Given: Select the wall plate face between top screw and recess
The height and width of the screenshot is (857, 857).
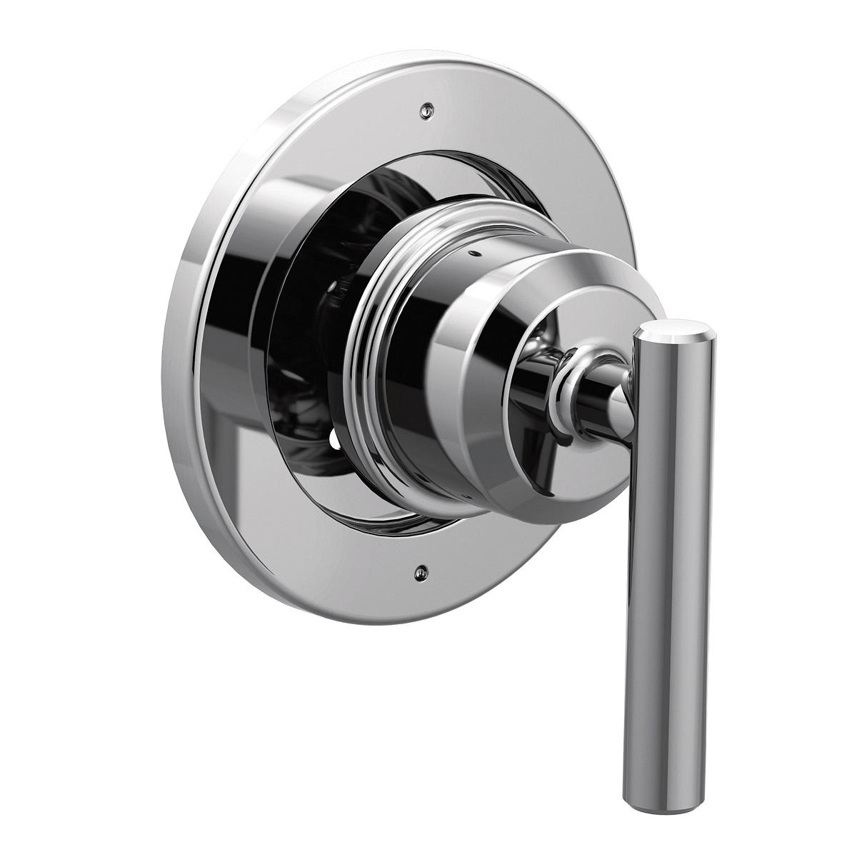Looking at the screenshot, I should pyautogui.click(x=421, y=143).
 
